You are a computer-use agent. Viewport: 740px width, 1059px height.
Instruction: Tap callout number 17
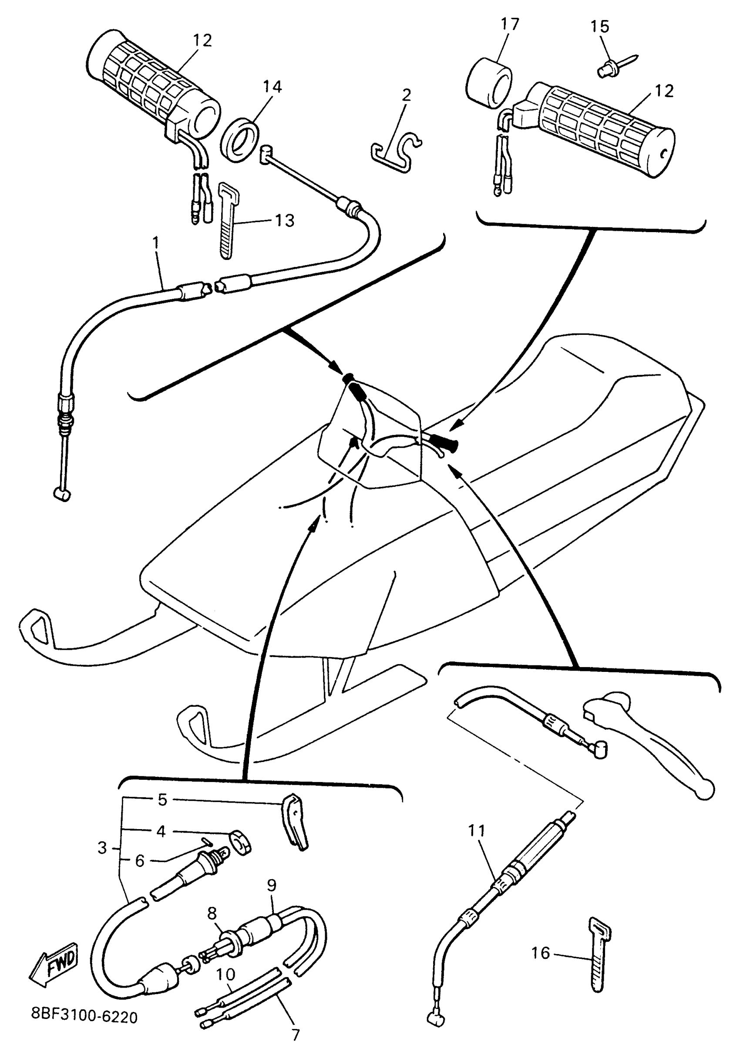pyautogui.click(x=509, y=24)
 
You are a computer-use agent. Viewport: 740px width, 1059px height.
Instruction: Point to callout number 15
pyautogui.click(x=600, y=27)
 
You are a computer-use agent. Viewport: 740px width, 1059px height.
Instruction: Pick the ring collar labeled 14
pyautogui.click(x=239, y=141)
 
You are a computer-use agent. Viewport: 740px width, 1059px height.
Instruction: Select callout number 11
pyautogui.click(x=477, y=831)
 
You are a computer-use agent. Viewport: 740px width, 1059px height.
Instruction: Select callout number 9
pyautogui.click(x=272, y=885)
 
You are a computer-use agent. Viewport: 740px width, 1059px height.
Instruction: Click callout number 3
pyautogui.click(x=102, y=848)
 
